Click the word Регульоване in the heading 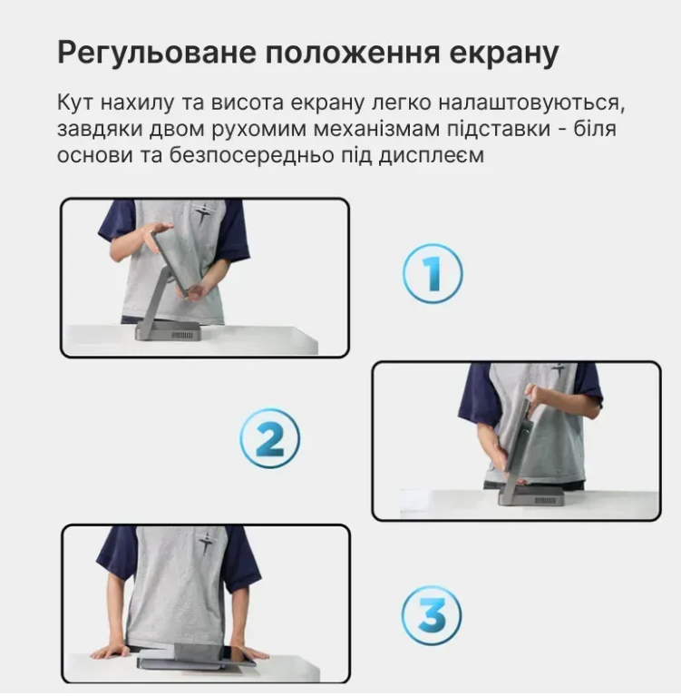(157, 54)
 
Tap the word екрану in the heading (504, 54)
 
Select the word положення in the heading (353, 53)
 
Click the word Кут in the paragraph (75, 103)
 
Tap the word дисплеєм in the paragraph (431, 156)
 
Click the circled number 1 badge (433, 273)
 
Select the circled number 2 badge (269, 438)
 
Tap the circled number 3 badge (432, 615)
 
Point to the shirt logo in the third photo (206, 542)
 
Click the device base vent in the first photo (182, 335)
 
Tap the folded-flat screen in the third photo (195, 656)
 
